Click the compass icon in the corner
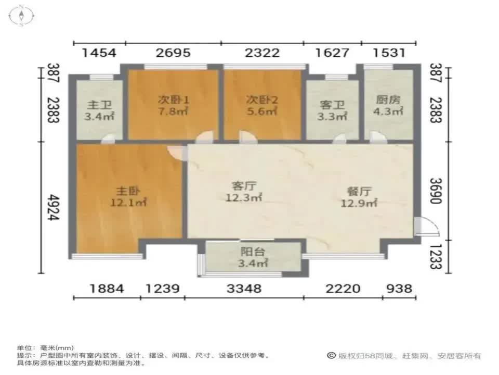pyautogui.click(x=21, y=15)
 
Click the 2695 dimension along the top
pyautogui.click(x=173, y=53)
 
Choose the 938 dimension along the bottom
pyautogui.click(x=399, y=288)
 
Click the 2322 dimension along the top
pyautogui.click(x=262, y=53)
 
